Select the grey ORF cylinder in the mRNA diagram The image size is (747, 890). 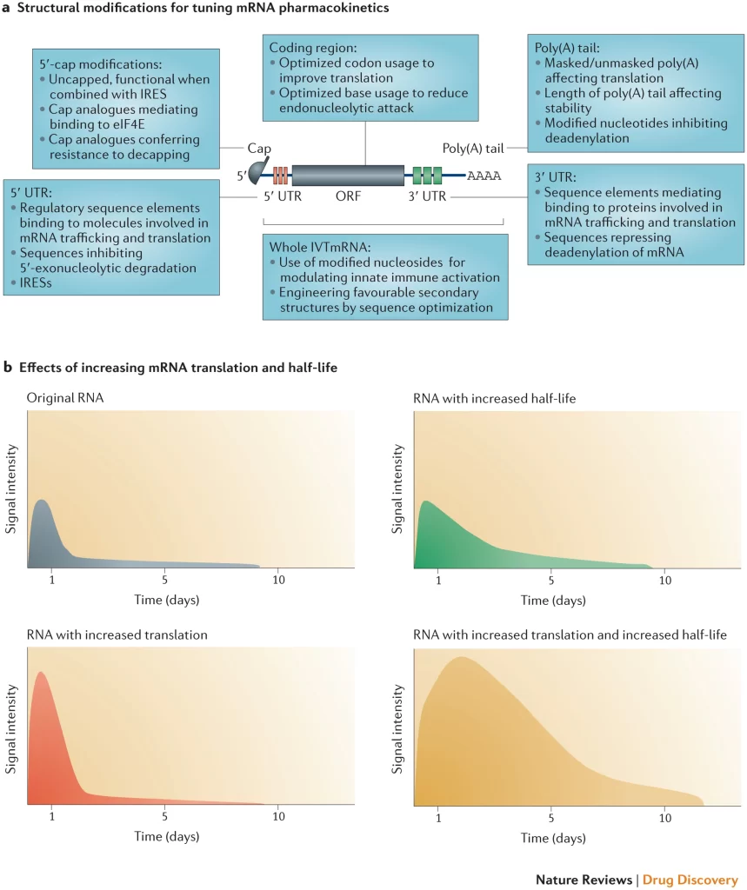[348, 175]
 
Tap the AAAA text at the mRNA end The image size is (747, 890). [484, 176]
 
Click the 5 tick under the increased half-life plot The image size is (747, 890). [550, 579]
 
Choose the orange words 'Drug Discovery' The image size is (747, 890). [690, 880]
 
